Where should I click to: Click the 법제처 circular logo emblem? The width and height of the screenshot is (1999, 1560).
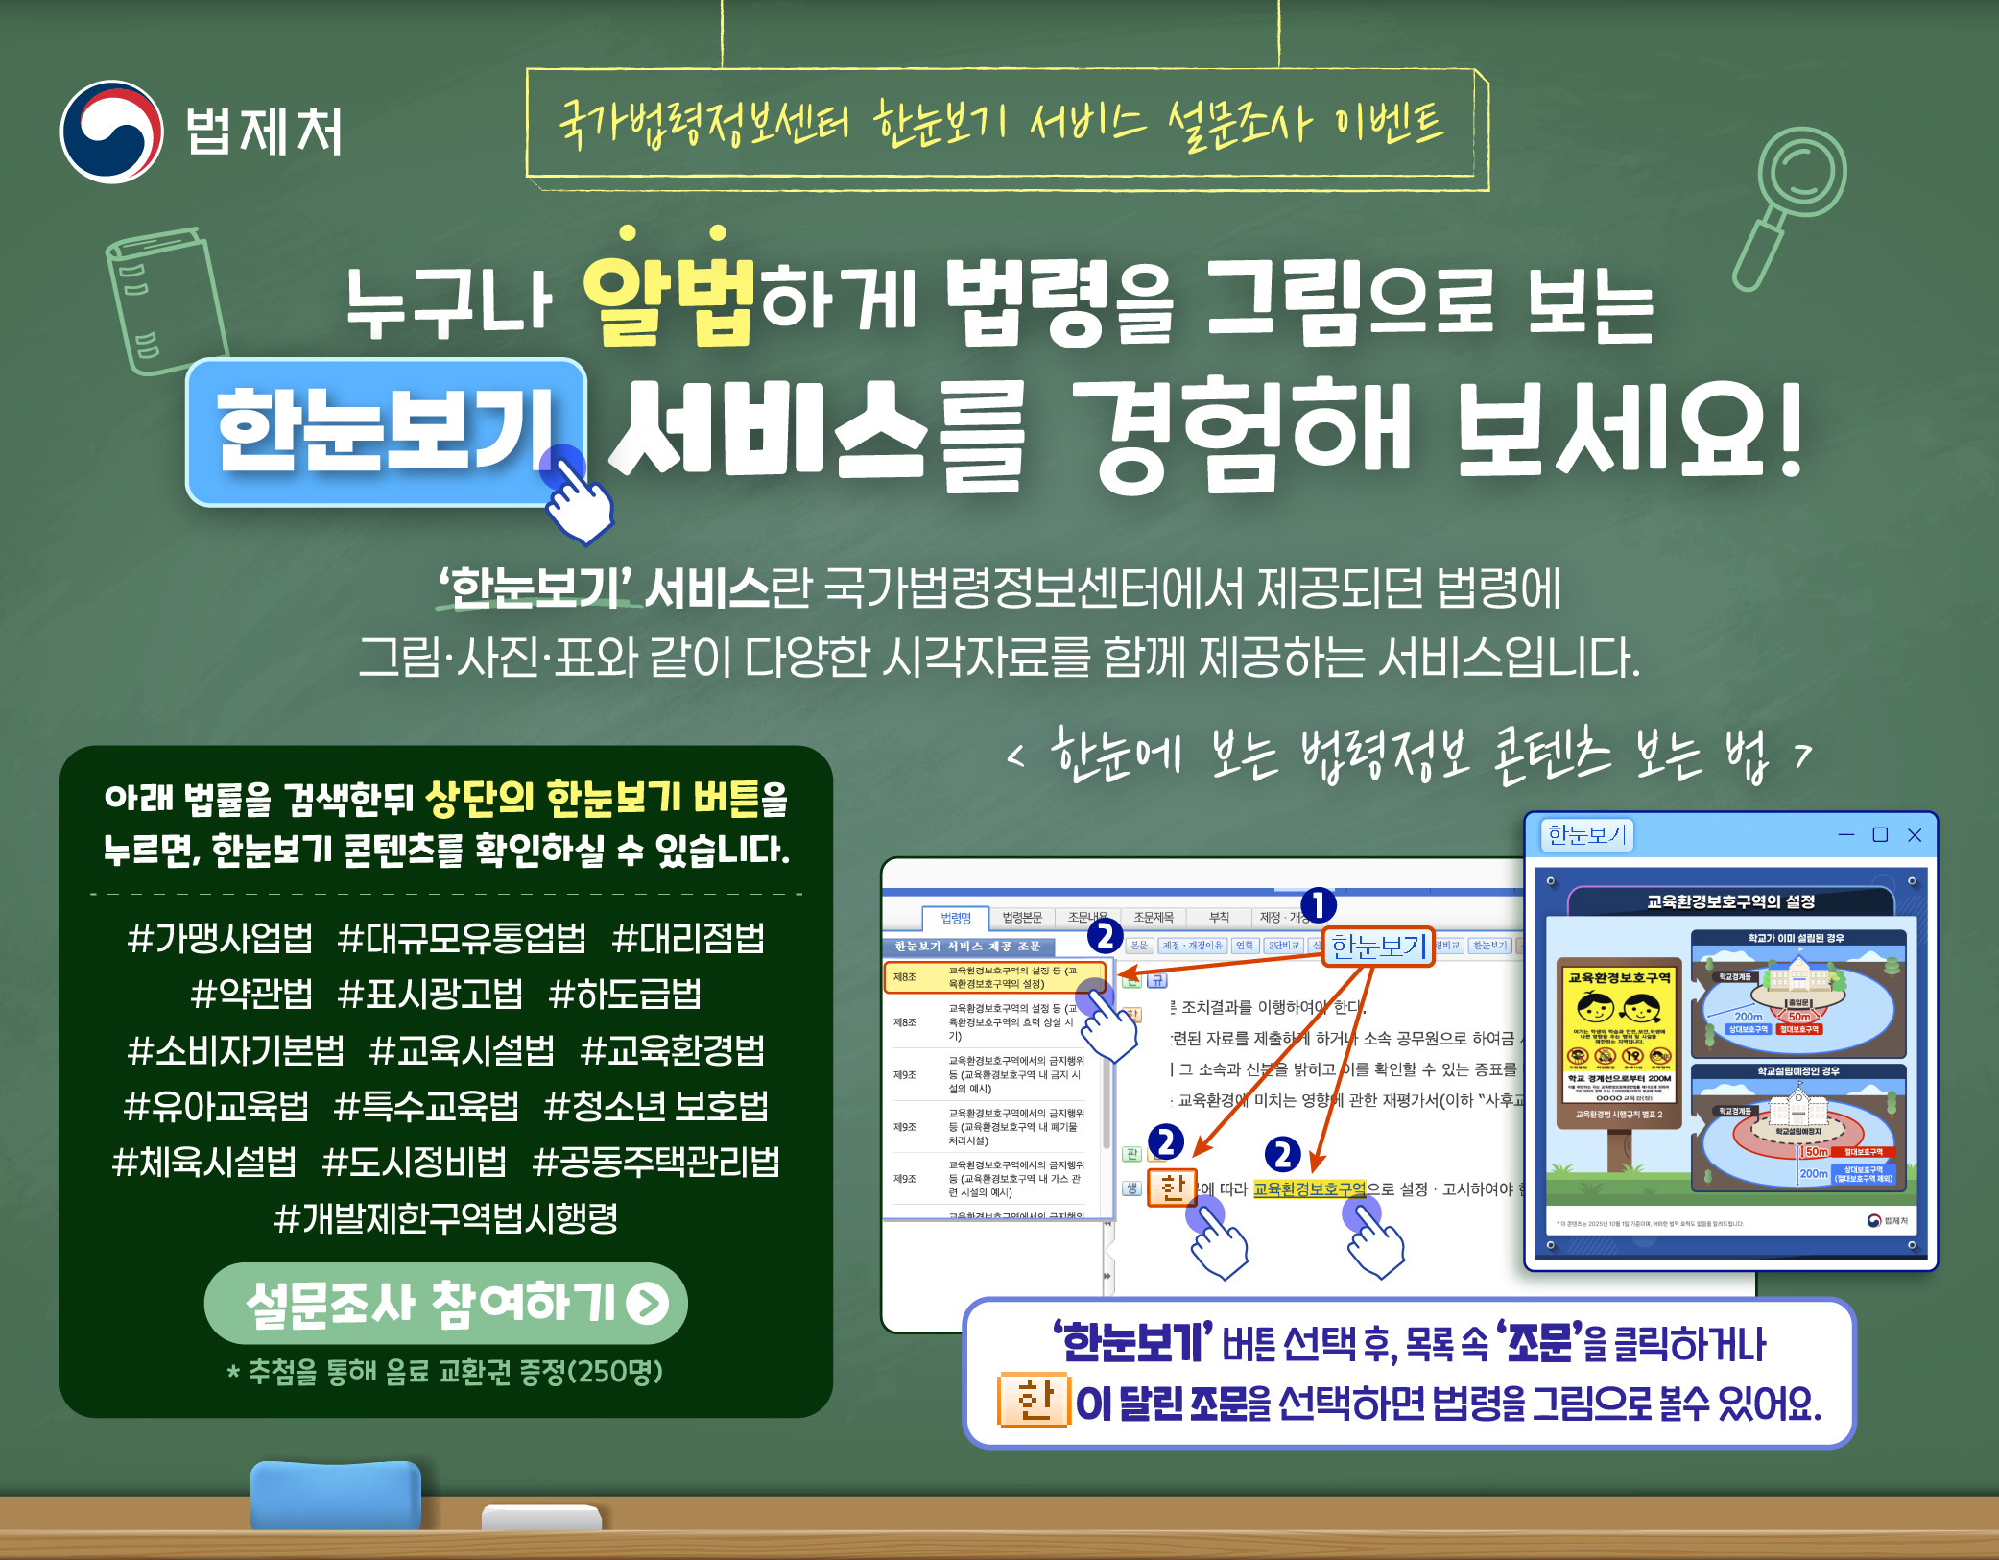click(111, 132)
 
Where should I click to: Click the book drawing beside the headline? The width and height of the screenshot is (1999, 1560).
click(166, 300)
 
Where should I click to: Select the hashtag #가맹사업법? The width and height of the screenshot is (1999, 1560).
click(220, 938)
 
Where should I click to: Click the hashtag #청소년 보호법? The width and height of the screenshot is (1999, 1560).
click(656, 1106)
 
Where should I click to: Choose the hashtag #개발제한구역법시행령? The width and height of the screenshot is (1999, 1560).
click(446, 1218)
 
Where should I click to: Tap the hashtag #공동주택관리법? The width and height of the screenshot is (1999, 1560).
click(656, 1163)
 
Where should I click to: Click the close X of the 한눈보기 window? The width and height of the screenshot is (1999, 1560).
click(1915, 835)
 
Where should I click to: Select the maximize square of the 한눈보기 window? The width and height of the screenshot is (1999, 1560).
click(1880, 835)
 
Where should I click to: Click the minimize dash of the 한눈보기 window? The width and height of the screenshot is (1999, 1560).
click(1846, 835)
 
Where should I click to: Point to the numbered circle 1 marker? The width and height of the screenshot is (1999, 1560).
click(1319, 904)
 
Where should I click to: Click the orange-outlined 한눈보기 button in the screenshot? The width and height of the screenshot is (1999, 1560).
click(1377, 947)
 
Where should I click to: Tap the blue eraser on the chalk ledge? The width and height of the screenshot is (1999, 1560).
click(336, 1495)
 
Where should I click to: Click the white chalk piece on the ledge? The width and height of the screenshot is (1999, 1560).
click(541, 1517)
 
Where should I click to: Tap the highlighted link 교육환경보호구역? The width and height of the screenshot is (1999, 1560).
click(1309, 1189)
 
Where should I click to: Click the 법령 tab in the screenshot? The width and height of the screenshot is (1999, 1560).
click(955, 918)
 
